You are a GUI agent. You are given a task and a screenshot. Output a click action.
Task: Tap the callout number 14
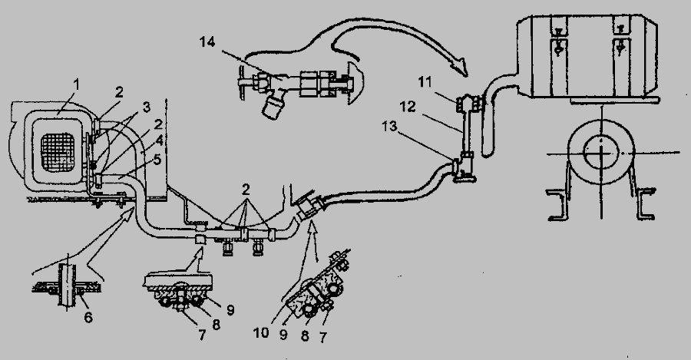pos(207,43)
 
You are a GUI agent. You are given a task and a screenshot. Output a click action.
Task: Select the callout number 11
pos(425,83)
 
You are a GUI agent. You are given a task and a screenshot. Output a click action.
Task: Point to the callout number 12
pos(408,107)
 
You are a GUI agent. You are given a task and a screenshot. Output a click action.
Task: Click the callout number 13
pos(389,127)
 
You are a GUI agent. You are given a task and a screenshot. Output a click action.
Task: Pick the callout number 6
pos(88,317)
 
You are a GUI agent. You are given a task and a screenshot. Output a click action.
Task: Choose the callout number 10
pos(261,332)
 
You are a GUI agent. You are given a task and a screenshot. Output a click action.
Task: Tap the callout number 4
pos(159,141)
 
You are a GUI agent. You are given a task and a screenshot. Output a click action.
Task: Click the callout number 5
pos(157,159)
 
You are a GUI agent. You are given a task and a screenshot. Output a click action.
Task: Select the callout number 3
pos(146,107)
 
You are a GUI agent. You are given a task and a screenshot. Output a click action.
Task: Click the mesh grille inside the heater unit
pos(58,153)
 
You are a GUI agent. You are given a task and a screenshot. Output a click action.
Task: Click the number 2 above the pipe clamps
pos(246,190)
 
